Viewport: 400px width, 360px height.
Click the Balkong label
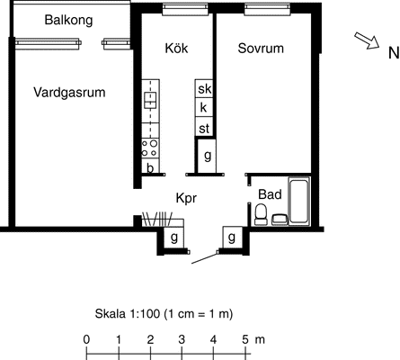point(68,21)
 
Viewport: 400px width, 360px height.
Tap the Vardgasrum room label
point(69,93)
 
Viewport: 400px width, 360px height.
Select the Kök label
point(176,48)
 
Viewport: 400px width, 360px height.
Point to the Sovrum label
point(261,48)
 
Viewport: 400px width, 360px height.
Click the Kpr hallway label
point(186,198)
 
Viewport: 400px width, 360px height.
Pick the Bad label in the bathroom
point(270,194)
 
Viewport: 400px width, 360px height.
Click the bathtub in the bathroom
point(298,201)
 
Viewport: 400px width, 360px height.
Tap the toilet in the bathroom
point(261,214)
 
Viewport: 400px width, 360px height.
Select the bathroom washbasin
point(280,220)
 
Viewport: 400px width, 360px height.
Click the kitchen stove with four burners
point(150,148)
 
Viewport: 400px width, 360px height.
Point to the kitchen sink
point(150,100)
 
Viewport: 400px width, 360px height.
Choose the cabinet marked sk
point(204,88)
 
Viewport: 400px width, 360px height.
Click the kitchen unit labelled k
point(204,107)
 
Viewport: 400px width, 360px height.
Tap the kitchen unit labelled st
point(204,127)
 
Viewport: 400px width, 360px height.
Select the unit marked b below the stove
point(150,167)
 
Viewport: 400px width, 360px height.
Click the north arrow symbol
point(367,40)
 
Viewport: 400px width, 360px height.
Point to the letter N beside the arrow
point(394,53)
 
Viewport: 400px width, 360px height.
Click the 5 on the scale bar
point(245,340)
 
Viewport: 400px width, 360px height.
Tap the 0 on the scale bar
point(86,340)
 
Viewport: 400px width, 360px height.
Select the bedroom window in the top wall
point(268,9)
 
